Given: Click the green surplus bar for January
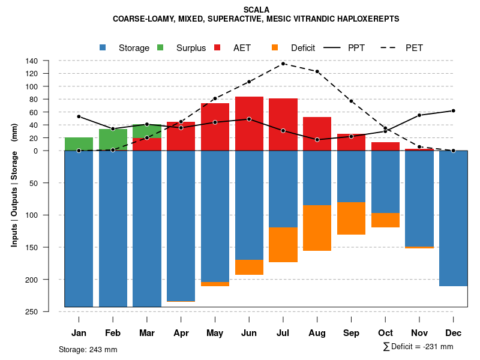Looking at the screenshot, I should point(79,144).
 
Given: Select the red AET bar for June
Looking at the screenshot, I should point(249,123).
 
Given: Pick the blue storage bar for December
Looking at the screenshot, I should point(453,218).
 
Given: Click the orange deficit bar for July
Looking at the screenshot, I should point(283,245).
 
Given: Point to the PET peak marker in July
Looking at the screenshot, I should point(283,64).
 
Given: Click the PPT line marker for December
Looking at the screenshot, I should point(453,110).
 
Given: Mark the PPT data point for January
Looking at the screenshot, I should point(79,116).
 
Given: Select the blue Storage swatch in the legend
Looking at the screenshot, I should point(103,47).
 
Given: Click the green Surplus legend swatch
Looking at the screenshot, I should point(161,47).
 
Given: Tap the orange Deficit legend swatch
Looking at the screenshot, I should point(275,47).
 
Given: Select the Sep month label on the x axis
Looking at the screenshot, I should point(351,333).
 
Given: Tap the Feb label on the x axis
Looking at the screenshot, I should point(113,333).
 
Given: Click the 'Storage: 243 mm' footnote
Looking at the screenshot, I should point(88,349).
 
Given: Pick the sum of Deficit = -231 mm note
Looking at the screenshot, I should point(418,347).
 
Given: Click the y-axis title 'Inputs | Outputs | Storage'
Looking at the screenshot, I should point(14,186).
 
